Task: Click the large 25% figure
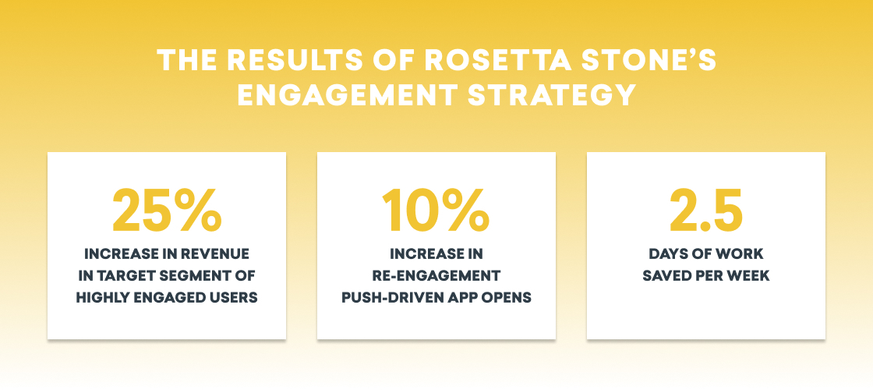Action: pos(167,210)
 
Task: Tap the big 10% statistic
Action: pos(436,210)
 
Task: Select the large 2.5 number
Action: pos(706,210)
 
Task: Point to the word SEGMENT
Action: pos(200,276)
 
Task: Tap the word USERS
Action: pos(235,298)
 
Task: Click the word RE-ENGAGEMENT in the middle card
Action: pos(436,276)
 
